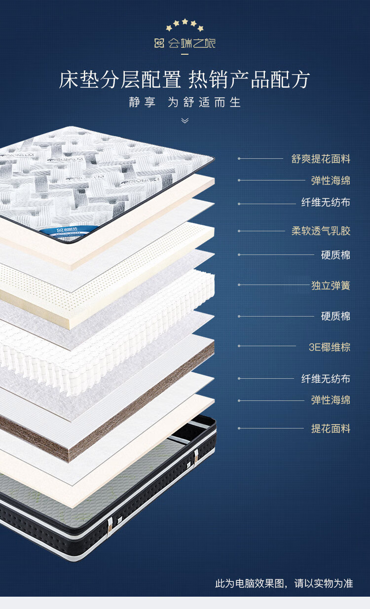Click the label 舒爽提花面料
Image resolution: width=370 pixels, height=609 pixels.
tap(321, 159)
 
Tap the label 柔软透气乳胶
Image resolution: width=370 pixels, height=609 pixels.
tap(321, 231)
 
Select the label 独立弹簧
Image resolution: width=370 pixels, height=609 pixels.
tap(331, 285)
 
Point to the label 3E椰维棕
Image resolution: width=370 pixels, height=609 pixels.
tap(330, 347)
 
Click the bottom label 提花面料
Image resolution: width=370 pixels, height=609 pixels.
tap(331, 429)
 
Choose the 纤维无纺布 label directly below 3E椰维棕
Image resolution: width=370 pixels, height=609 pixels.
tap(326, 379)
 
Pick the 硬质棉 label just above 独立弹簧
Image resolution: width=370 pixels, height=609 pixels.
tap(335, 255)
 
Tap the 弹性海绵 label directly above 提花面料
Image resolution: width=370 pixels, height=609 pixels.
tap(331, 400)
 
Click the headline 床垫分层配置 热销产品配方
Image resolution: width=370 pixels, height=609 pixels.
tap(185, 80)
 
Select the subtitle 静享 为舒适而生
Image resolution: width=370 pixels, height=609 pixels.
tap(185, 103)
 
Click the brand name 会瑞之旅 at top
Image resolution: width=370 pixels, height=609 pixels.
tap(191, 43)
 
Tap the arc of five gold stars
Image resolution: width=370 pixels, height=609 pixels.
tap(185, 25)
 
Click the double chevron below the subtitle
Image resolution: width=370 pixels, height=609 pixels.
tap(185, 120)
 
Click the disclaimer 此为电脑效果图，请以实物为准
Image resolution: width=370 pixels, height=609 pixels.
tap(284, 583)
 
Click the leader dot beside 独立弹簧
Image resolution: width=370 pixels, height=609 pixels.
tap(239, 285)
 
